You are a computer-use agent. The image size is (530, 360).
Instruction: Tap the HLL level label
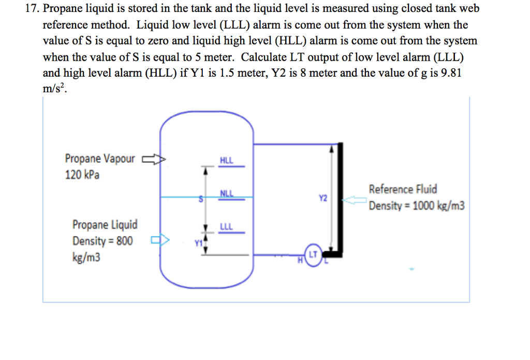226,161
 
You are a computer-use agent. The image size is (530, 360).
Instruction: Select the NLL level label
226,194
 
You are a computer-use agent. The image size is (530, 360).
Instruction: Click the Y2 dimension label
323,198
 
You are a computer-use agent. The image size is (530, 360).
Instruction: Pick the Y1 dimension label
197,243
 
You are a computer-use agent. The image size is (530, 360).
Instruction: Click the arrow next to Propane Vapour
154,159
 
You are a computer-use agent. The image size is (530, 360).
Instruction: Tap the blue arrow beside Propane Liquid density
160,240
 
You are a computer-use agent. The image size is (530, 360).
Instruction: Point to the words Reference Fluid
403,189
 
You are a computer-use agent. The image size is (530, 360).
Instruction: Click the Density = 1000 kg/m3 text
417,206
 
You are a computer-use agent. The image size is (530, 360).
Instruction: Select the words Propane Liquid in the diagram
105,225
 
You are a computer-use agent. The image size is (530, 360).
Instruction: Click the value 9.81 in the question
449,73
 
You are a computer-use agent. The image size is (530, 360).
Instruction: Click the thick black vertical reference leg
340,197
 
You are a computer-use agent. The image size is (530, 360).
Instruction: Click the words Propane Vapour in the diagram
99,159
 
